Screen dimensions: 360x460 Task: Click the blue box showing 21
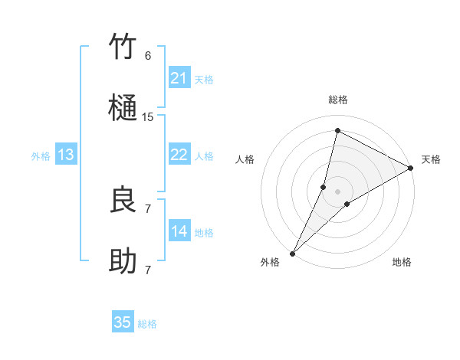pyautogui.click(x=179, y=78)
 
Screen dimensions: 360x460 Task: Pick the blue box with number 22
pyautogui.click(x=179, y=155)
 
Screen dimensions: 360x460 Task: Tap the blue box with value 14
pyautogui.click(x=179, y=231)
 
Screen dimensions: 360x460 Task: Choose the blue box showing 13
pyautogui.click(x=66, y=155)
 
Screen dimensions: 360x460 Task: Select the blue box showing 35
pyautogui.click(x=123, y=322)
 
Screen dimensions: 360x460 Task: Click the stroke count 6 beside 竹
pyautogui.click(x=148, y=56)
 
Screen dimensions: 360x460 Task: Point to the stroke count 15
pyautogui.click(x=148, y=117)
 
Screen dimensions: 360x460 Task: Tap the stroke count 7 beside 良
pyautogui.click(x=148, y=208)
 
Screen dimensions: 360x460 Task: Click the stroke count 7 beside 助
pyautogui.click(x=148, y=270)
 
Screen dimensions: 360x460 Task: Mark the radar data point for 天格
pyautogui.click(x=411, y=169)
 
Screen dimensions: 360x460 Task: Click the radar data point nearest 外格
pyautogui.click(x=292, y=254)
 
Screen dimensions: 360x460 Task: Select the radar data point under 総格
pyautogui.click(x=337, y=131)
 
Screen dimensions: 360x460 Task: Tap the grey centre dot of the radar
pyautogui.click(x=338, y=191)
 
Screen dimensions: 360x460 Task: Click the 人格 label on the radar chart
pyautogui.click(x=245, y=159)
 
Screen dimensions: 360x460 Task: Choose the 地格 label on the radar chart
pyautogui.click(x=402, y=262)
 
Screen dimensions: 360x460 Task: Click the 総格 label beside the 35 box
pyautogui.click(x=147, y=324)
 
